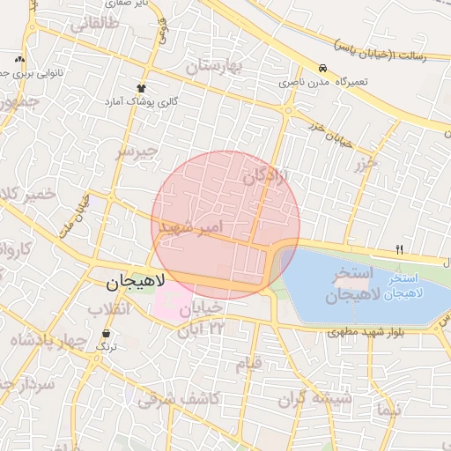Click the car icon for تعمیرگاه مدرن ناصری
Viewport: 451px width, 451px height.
(323, 68)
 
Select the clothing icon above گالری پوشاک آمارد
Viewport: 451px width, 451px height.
(141, 88)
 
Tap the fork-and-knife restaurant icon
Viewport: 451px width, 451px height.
(399, 250)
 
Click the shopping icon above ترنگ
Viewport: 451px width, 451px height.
(107, 333)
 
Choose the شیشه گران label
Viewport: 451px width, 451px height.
(314, 399)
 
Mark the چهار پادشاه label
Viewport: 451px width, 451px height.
(49, 340)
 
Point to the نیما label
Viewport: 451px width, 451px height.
(387, 410)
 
